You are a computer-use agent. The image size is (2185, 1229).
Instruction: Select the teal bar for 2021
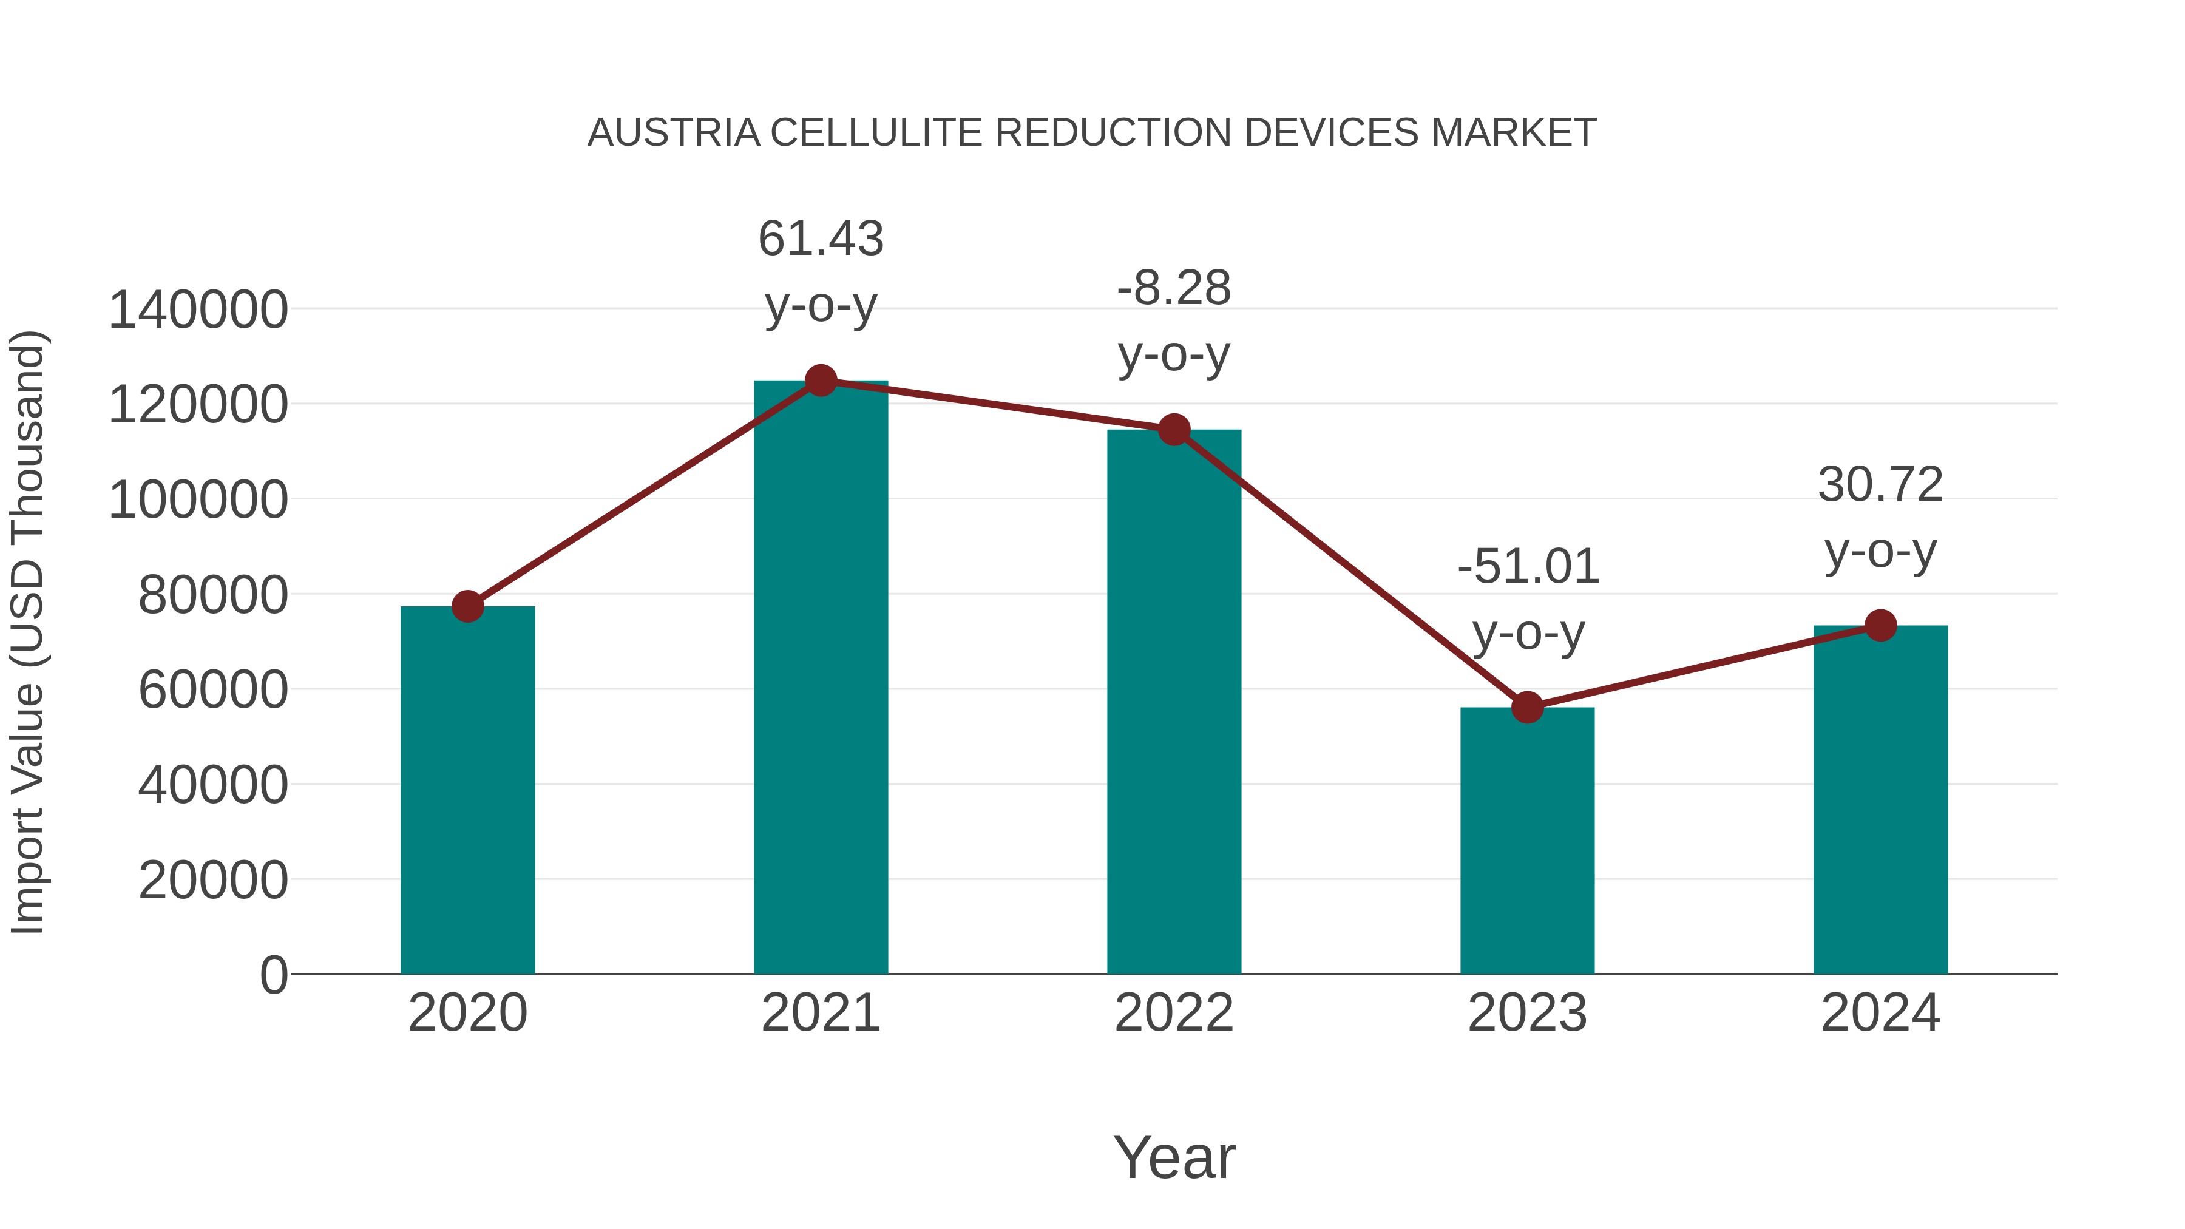(x=820, y=679)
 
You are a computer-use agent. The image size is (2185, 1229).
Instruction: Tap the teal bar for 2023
(x=1527, y=840)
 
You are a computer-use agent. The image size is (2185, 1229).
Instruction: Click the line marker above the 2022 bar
(x=1174, y=430)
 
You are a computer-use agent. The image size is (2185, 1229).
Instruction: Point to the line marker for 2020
(x=467, y=606)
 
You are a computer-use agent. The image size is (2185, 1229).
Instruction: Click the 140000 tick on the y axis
(x=198, y=310)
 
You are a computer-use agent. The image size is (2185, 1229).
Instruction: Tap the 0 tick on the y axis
(x=273, y=975)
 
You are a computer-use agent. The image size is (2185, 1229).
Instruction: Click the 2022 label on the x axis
(x=1174, y=1013)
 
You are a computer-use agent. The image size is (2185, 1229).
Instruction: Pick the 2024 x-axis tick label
(x=1880, y=1013)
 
